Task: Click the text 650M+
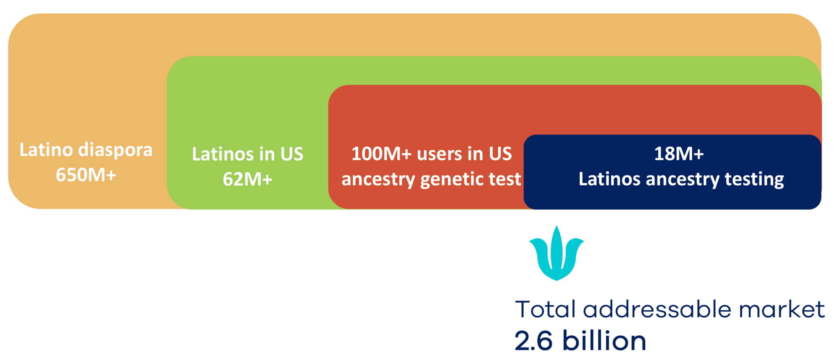pos(86,175)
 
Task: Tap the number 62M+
pos(248,179)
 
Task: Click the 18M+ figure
pos(679,154)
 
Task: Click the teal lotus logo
pos(556,253)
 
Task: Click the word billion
pos(604,340)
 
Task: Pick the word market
pos(782,309)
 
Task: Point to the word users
pos(439,154)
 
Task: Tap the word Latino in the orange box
pos(46,150)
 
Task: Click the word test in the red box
pos(505,179)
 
